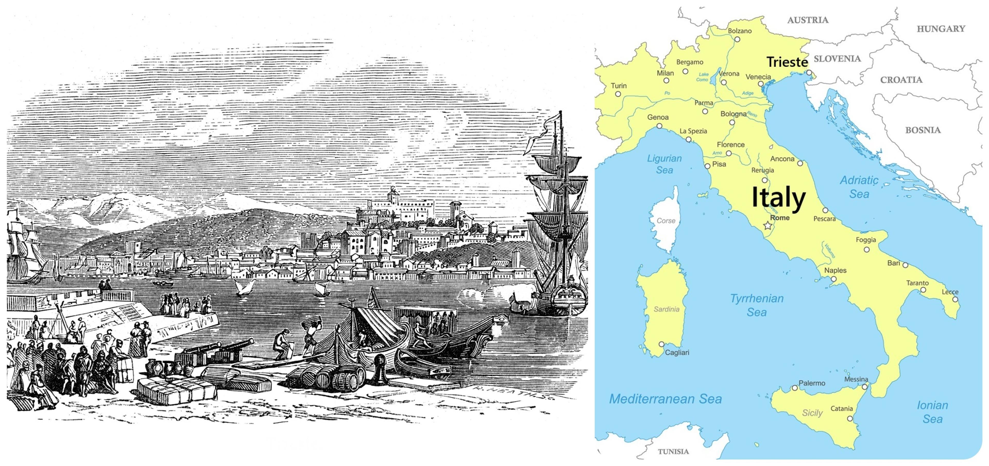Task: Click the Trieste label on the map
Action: [x=787, y=62]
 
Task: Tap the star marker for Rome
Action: [x=768, y=226]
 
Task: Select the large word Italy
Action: [x=778, y=197]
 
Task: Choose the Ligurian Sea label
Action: [x=664, y=164]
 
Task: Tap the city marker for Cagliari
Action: [x=661, y=344]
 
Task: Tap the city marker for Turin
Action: [x=618, y=94]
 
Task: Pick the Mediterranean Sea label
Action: [x=665, y=399]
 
